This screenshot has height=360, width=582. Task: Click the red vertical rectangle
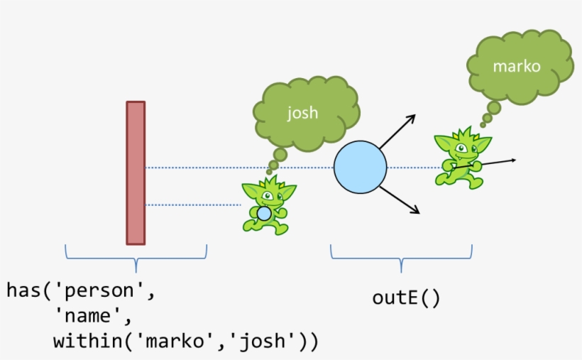(x=136, y=173)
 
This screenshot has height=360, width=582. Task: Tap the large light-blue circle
(x=361, y=168)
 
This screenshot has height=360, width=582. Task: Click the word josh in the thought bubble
(x=302, y=113)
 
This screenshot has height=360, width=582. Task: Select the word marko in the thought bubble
(x=517, y=67)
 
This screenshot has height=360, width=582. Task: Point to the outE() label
(x=406, y=298)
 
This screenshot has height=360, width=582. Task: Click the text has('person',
(x=80, y=290)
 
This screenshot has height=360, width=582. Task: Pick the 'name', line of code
(x=93, y=316)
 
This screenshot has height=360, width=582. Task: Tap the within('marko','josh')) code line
(x=185, y=342)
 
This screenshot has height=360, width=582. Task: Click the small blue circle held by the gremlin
(x=264, y=213)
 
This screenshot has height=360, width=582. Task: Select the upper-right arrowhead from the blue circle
(x=411, y=117)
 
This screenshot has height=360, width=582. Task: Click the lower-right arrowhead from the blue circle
(x=416, y=211)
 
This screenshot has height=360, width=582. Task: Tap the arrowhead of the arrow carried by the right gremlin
(x=512, y=160)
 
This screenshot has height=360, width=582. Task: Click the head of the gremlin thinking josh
(x=268, y=193)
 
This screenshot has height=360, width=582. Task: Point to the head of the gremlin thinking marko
(x=461, y=146)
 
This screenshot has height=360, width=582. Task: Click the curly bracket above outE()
(x=401, y=258)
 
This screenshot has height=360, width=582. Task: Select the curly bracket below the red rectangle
(x=136, y=258)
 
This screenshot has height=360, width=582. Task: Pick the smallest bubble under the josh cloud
(x=270, y=172)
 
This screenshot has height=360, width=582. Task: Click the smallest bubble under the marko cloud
(x=483, y=125)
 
